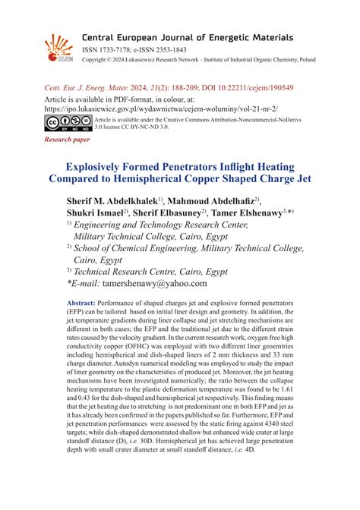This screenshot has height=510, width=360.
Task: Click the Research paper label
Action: (67, 140)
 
